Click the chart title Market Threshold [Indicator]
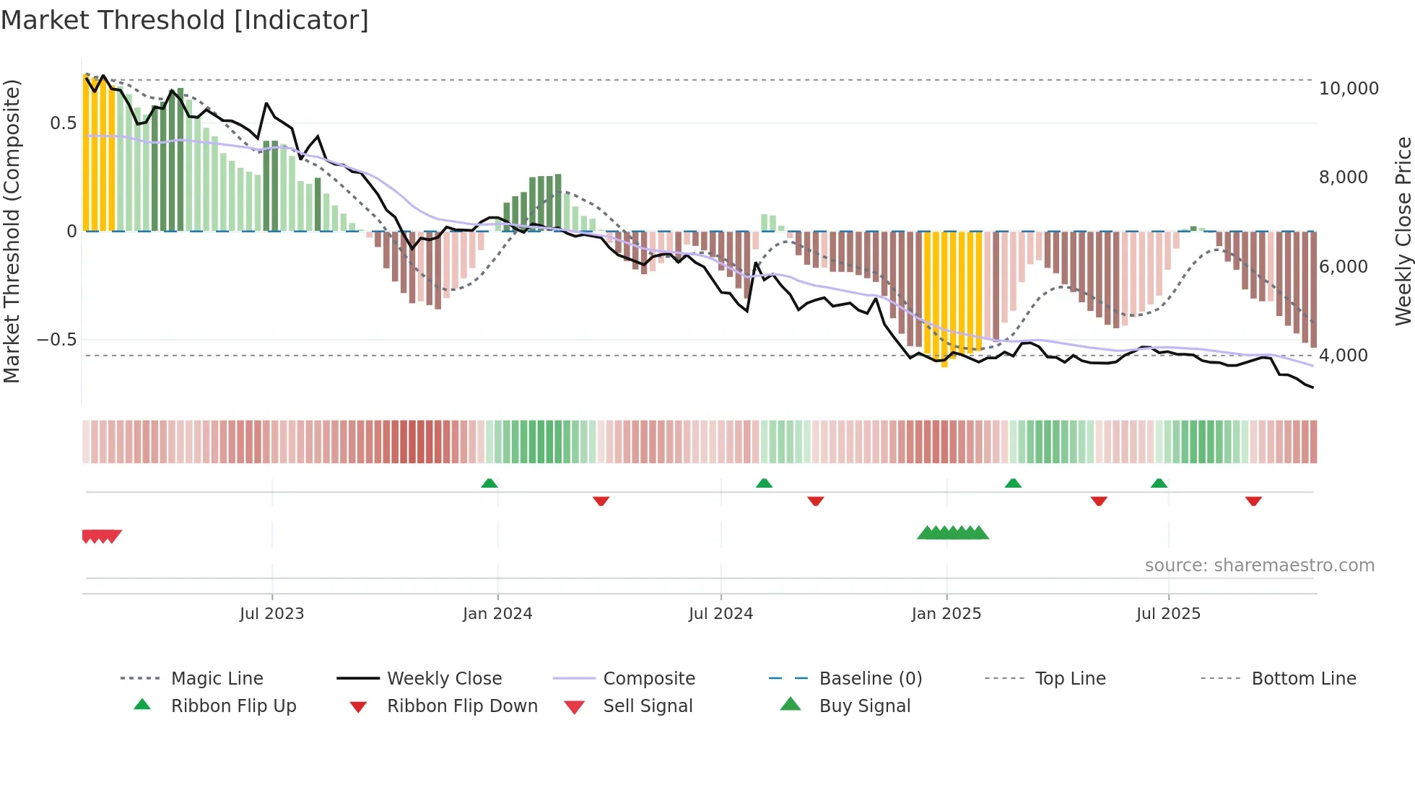185,20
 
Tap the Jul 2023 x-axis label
271,614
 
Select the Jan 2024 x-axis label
497,614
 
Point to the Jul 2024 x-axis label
720,614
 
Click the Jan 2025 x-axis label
946,614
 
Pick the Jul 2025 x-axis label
1168,614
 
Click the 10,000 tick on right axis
1349,89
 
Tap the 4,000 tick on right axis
1343,356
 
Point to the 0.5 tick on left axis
63,123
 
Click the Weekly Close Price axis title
1403,231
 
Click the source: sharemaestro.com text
1259,566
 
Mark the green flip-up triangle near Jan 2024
489,483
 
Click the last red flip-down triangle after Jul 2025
1253,501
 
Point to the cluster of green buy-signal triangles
953,533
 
